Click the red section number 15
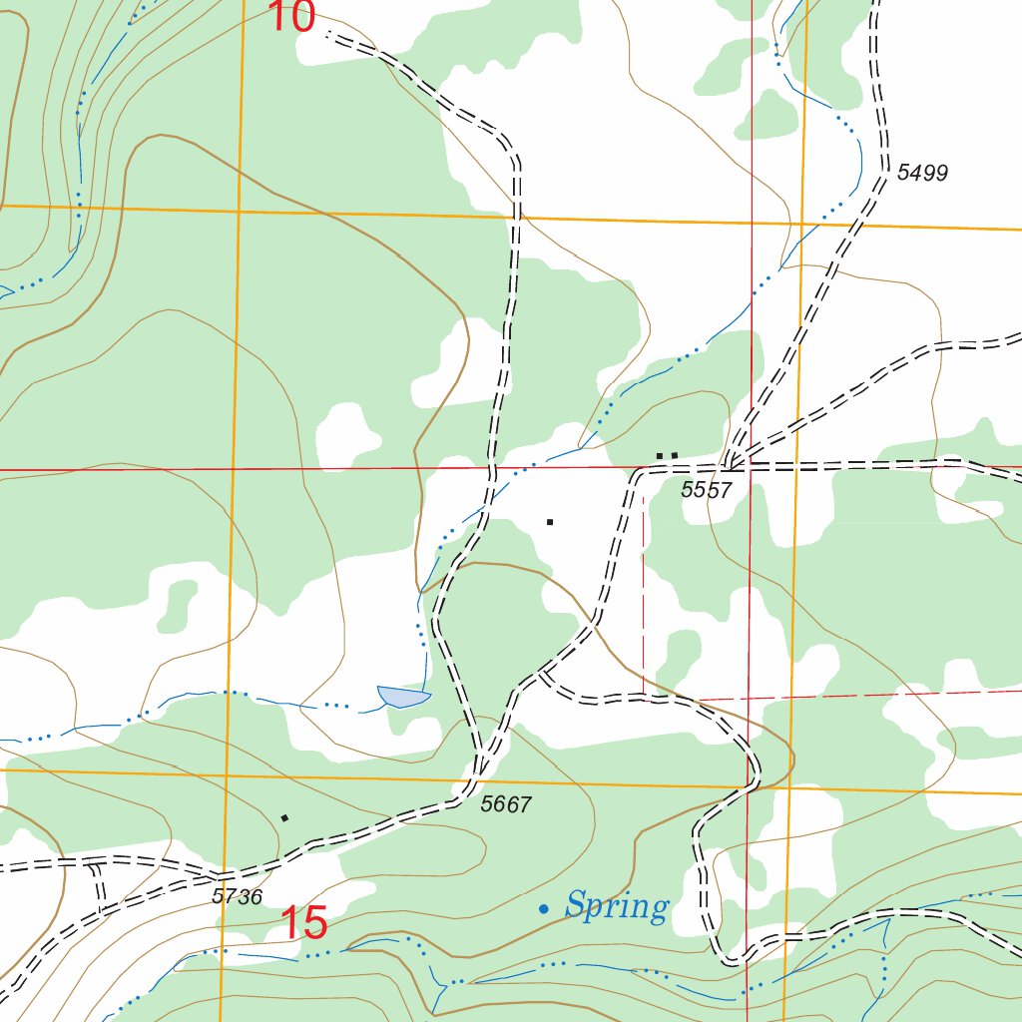(x=303, y=923)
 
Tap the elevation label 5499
(x=921, y=173)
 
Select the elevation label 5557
(x=707, y=489)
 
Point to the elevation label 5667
(x=506, y=804)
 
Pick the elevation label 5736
(x=237, y=896)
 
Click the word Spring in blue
(x=616, y=906)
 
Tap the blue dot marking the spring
(x=543, y=908)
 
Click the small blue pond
(x=403, y=696)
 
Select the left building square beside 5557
(x=659, y=456)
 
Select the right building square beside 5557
(x=675, y=456)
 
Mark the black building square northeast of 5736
(x=284, y=818)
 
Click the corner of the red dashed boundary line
(x=644, y=699)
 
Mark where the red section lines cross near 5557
(x=751, y=466)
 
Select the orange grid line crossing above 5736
(x=228, y=773)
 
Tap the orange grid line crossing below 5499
(x=804, y=225)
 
